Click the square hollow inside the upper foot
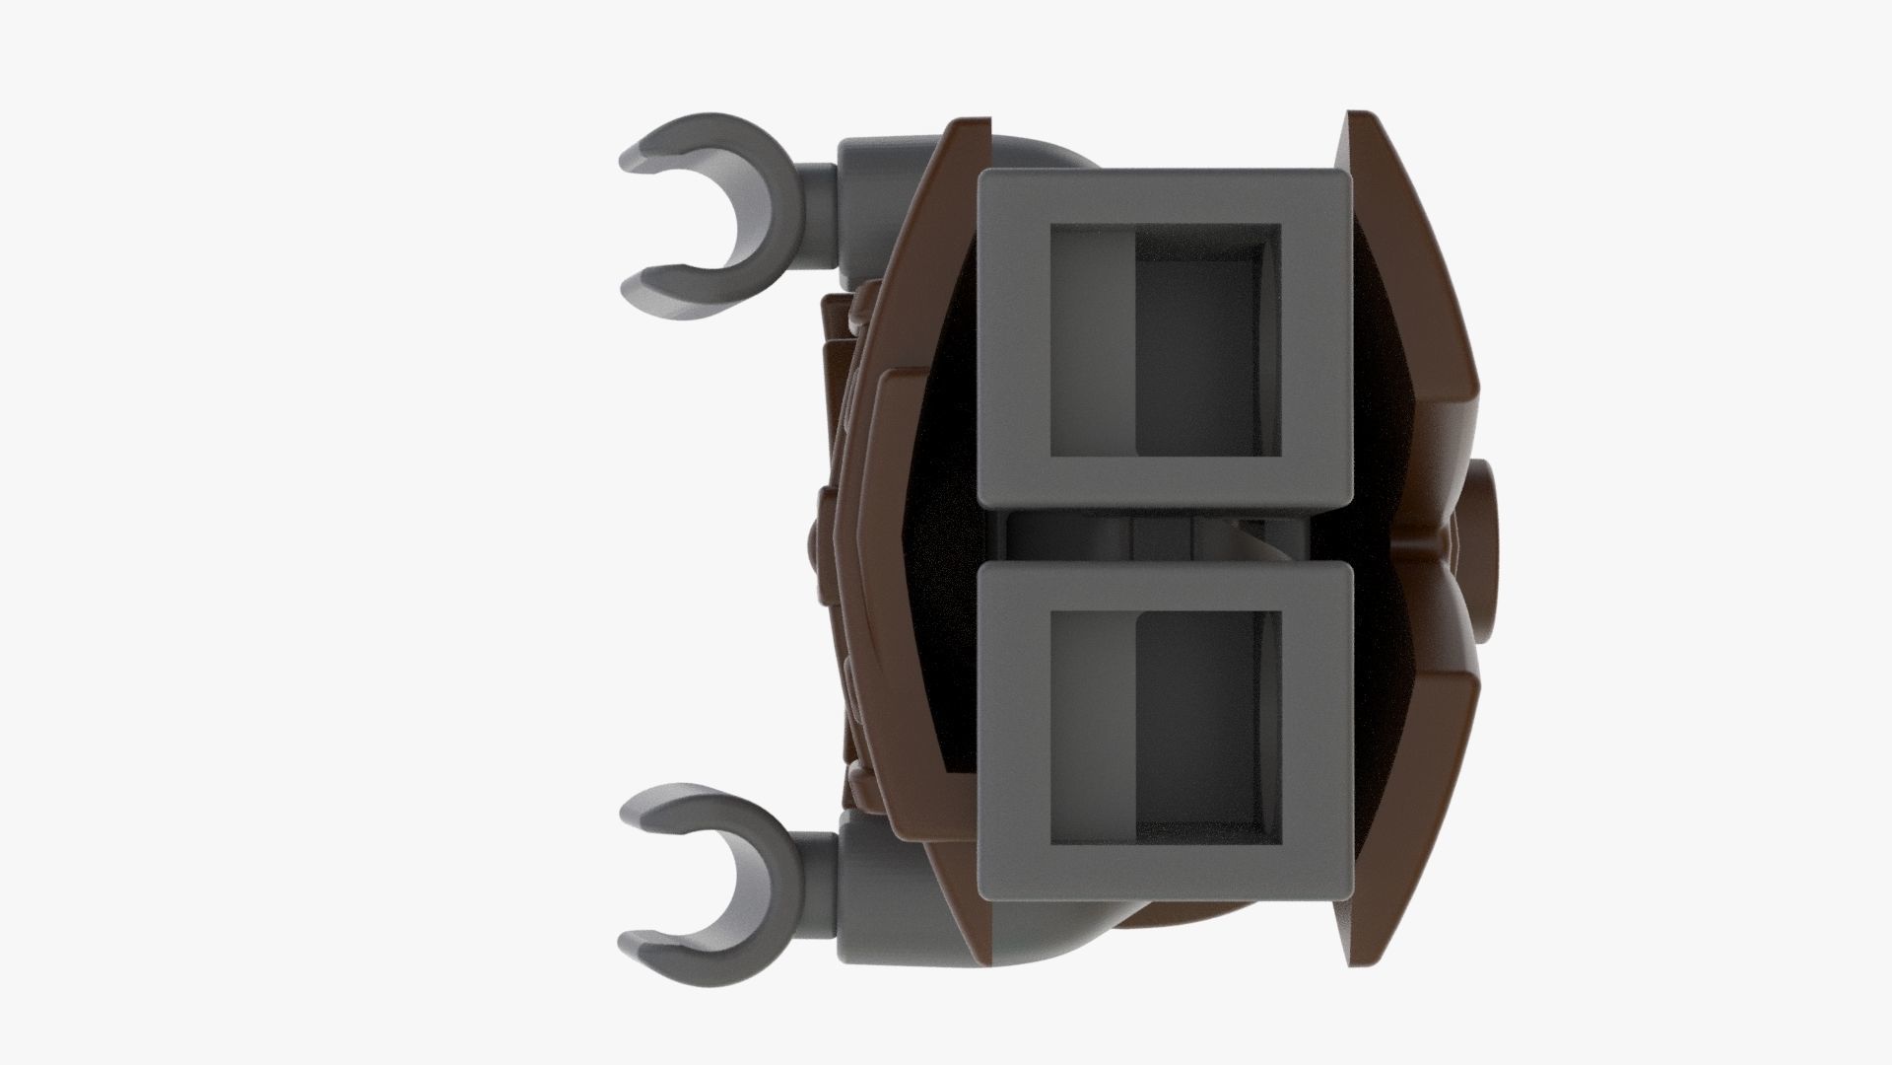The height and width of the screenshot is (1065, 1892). coord(1163,340)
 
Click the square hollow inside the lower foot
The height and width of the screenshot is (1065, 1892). coord(1163,725)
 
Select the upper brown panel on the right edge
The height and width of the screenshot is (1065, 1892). coord(1419,296)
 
